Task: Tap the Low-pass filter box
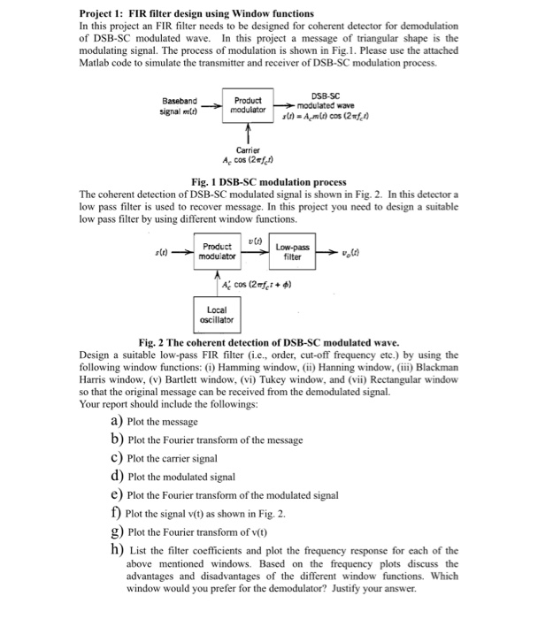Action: click(x=292, y=251)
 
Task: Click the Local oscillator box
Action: click(x=215, y=315)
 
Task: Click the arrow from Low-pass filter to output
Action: click(x=325, y=252)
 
